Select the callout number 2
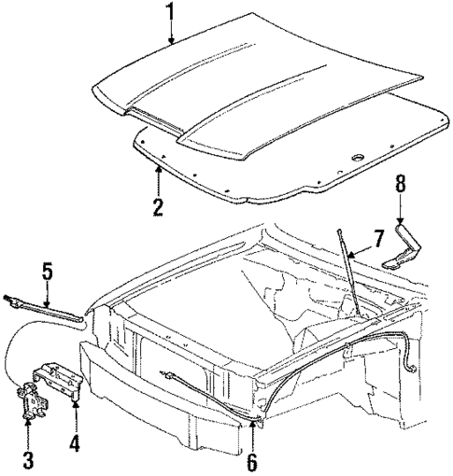(159, 205)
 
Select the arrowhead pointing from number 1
(169, 43)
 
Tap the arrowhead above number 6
(252, 422)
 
